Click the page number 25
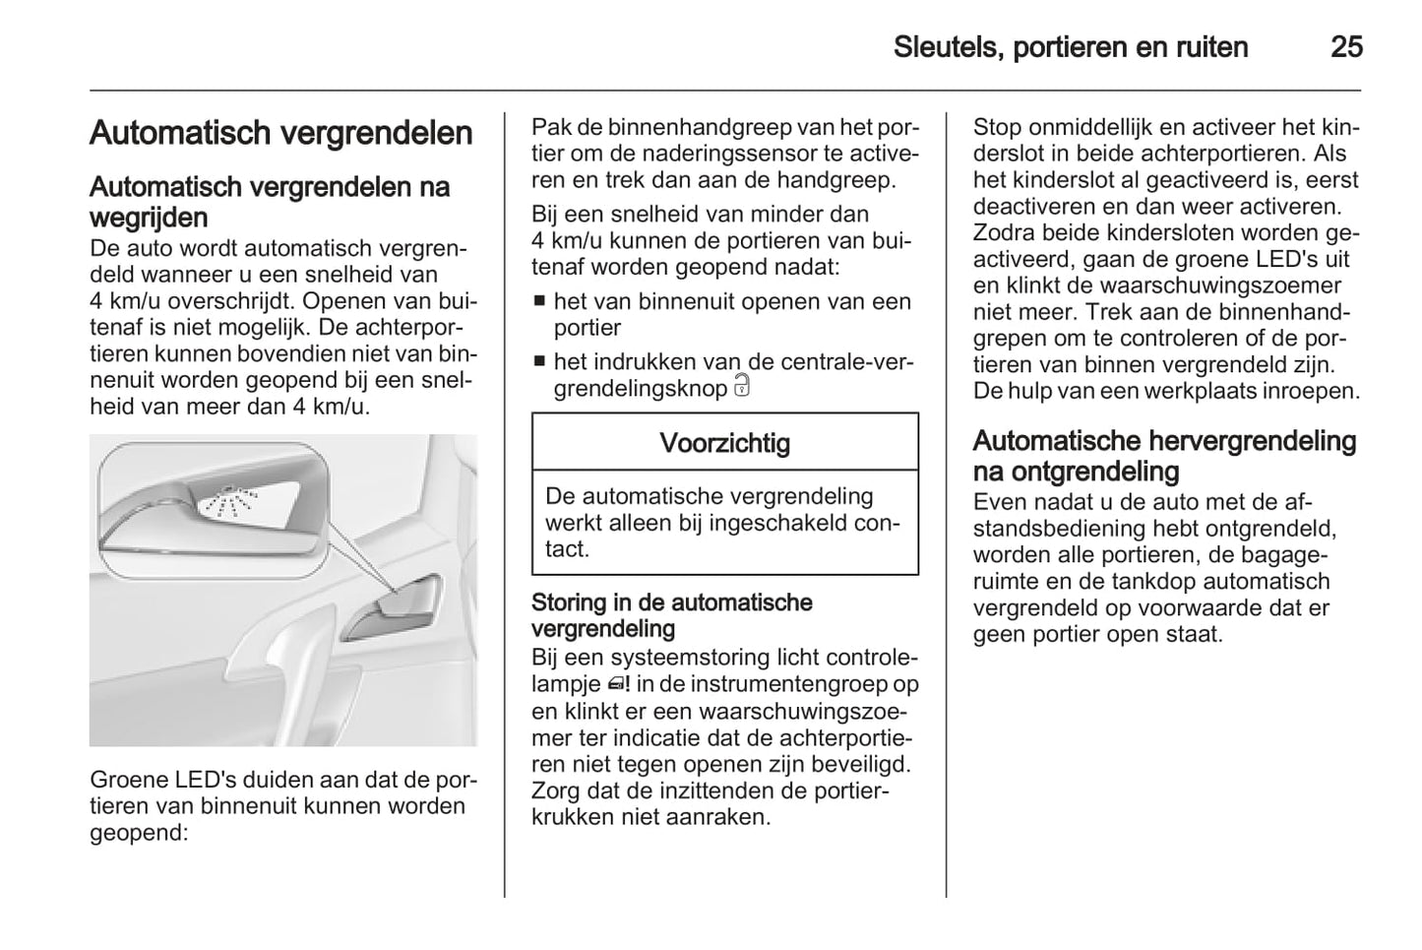(1345, 47)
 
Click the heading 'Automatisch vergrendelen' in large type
(280, 133)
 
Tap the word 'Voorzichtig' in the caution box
(724, 443)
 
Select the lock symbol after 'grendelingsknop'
(742, 387)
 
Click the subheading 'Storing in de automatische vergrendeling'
(671, 615)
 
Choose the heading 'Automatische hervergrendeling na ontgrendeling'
(1164, 456)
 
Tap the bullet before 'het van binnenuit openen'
(539, 301)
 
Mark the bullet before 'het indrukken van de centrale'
(539, 362)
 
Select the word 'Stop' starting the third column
(996, 127)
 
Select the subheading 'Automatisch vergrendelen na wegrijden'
(269, 202)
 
